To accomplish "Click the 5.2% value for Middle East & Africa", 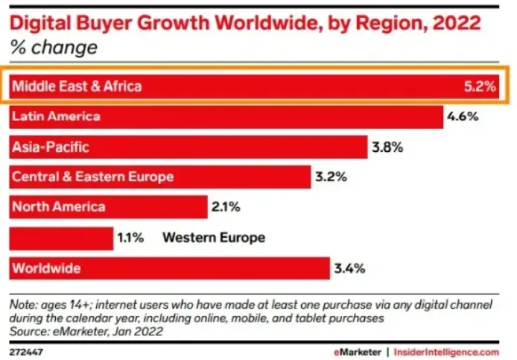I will point(480,86).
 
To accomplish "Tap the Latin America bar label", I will point(57,117).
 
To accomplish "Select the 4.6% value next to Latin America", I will point(463,117).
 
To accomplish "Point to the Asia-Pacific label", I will point(51,147).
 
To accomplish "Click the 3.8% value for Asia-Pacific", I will point(387,148).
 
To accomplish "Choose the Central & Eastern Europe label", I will point(93,177).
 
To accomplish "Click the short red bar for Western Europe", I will point(60,238).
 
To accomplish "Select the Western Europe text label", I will point(214,239).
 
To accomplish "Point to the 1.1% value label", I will point(132,239).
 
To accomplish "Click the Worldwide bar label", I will point(46,268).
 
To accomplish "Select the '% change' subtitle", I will point(53,48).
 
